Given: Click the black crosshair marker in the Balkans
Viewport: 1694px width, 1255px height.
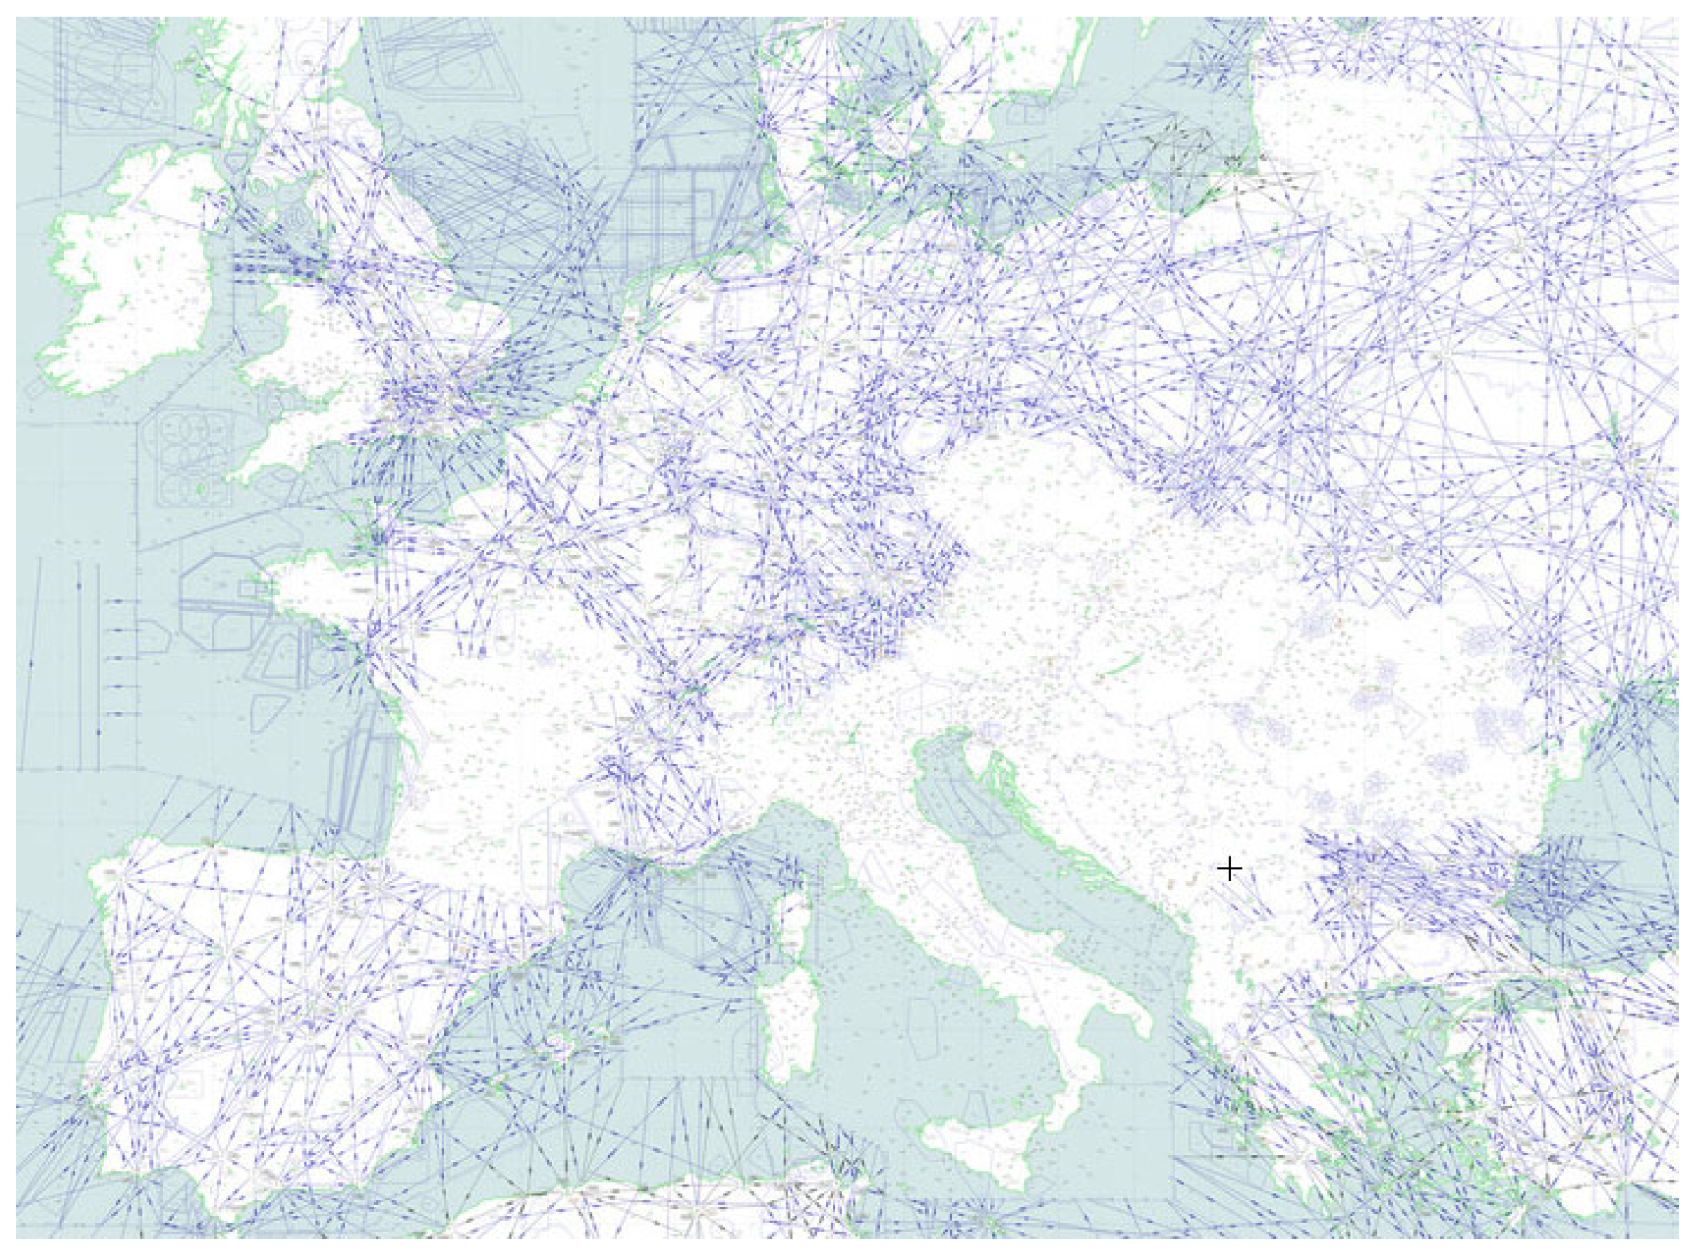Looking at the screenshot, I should coord(1229,868).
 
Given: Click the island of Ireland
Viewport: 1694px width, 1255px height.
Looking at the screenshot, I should coord(129,297).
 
